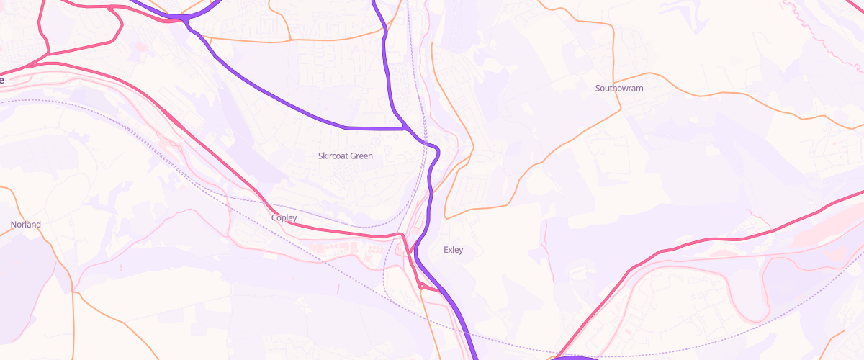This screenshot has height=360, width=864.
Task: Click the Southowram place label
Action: (x=618, y=89)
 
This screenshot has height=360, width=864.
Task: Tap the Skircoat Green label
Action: (x=346, y=156)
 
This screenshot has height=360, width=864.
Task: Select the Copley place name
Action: (x=284, y=217)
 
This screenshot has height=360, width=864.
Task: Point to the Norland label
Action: (x=26, y=225)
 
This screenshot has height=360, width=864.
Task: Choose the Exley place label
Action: (x=453, y=250)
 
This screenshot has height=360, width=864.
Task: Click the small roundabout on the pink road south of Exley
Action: (x=420, y=286)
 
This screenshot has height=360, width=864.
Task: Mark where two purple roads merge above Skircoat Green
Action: (x=408, y=128)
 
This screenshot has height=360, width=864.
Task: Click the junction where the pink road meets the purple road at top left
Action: (x=186, y=19)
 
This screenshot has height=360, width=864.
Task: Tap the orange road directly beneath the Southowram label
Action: (x=619, y=108)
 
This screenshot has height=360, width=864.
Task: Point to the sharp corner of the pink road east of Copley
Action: (x=400, y=235)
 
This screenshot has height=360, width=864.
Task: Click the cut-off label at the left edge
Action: (x=1, y=80)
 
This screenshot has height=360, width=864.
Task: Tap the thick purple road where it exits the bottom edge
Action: (x=475, y=357)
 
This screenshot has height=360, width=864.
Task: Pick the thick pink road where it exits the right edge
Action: (x=861, y=193)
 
